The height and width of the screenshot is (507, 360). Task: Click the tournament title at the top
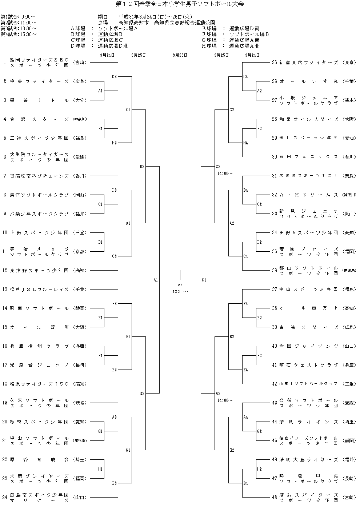(180, 4)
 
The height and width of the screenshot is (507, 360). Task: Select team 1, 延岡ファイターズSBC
(39, 62)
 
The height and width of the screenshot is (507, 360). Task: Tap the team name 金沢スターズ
(39, 119)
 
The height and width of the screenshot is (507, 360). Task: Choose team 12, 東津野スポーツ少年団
(39, 270)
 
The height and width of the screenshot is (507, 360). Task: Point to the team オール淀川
(39, 327)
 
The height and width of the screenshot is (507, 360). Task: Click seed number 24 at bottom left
(5, 497)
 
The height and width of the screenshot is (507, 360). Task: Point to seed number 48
(275, 497)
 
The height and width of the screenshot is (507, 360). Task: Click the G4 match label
(245, 77)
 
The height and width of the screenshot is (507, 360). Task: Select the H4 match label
(245, 143)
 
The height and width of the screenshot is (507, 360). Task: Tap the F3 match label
(114, 303)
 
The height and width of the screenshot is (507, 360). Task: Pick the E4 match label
(245, 370)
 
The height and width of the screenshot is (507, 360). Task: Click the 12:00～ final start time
(180, 291)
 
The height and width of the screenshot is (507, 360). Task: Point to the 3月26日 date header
(180, 55)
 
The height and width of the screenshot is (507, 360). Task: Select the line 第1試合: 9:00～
(18, 17)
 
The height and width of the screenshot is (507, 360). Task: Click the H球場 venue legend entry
(231, 46)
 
